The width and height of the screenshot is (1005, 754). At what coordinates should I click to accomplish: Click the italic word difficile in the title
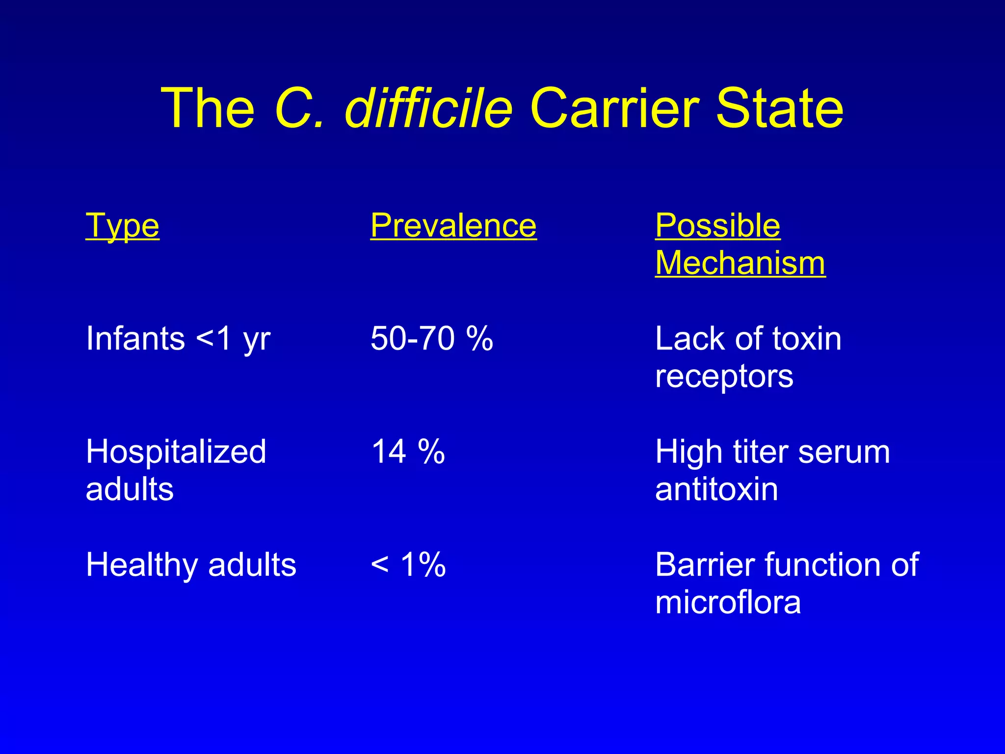[x=428, y=108]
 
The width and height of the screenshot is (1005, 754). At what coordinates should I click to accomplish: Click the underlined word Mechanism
[x=740, y=263]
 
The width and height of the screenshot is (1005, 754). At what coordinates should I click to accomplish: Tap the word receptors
[x=724, y=377]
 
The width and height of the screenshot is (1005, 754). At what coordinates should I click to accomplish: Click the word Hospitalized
[x=176, y=452]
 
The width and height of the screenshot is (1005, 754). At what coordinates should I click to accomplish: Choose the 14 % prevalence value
[x=408, y=452]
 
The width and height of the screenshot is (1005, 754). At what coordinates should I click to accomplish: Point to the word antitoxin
[x=716, y=489]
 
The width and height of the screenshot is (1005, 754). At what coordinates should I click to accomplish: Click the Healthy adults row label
[x=191, y=565]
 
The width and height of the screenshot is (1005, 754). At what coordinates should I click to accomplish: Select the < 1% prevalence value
[x=408, y=565]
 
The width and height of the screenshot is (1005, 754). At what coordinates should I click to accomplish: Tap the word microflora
[x=728, y=602]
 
